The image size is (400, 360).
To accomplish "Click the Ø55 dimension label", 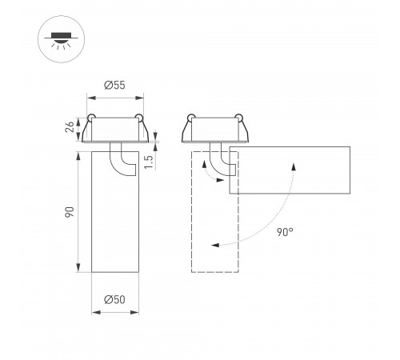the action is (114, 86).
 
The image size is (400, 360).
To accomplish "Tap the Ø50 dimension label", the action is (114, 299).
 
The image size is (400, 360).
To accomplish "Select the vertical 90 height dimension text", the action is (70, 212).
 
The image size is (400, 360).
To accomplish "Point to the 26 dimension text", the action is (70, 126).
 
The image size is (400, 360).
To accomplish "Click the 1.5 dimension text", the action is (149, 162).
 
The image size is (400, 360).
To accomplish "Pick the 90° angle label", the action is (285, 232).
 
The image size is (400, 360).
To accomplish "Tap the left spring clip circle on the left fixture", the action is (91, 118).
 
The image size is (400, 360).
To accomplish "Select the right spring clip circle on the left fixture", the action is (139, 118).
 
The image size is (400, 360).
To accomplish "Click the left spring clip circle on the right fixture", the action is (191, 118).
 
